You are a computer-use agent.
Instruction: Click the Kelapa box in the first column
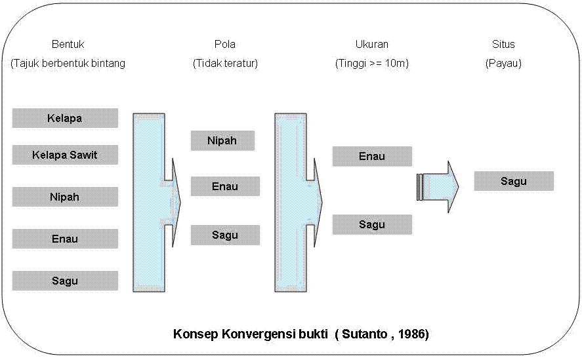click(x=66, y=118)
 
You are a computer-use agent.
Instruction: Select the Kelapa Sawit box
click(x=66, y=155)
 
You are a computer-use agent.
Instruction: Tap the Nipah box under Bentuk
click(x=66, y=197)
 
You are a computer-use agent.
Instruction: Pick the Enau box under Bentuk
click(x=66, y=239)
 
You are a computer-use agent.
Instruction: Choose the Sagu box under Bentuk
click(x=66, y=281)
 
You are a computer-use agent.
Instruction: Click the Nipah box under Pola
click(x=222, y=141)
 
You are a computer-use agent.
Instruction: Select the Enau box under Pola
click(x=225, y=186)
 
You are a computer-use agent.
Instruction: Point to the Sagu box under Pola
click(x=225, y=235)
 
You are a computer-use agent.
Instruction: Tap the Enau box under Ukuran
click(x=372, y=156)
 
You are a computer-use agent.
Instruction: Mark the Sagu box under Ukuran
click(x=372, y=224)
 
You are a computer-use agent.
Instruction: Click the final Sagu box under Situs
click(x=514, y=181)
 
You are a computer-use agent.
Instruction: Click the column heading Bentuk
click(x=68, y=44)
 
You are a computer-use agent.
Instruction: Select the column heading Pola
click(x=225, y=44)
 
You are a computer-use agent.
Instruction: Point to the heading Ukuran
click(x=372, y=44)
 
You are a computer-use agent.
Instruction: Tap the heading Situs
click(x=503, y=44)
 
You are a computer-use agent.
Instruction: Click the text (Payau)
click(x=503, y=64)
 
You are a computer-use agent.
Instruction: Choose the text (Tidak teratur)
click(x=225, y=64)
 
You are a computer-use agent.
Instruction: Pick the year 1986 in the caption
click(x=411, y=334)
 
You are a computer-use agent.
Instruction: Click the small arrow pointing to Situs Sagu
click(x=438, y=187)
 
